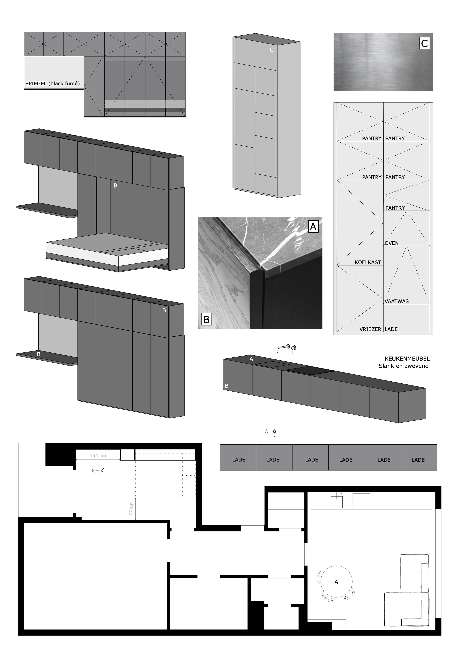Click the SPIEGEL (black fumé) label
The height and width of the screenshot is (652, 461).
[x=53, y=84]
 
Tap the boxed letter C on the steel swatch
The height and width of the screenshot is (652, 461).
[x=425, y=44]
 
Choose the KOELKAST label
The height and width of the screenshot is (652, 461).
[x=368, y=262]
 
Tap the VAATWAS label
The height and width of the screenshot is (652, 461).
[x=397, y=301]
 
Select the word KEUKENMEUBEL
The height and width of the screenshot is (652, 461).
[x=407, y=359]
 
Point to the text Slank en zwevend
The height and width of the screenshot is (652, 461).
[x=403, y=366]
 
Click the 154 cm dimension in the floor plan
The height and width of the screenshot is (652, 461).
[x=98, y=455]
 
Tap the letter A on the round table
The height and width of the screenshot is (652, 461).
[x=336, y=582]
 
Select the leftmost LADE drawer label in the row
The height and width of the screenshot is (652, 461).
[x=239, y=460]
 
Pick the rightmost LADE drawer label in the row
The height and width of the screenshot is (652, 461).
[x=418, y=460]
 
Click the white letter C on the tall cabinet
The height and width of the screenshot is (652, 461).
[x=272, y=50]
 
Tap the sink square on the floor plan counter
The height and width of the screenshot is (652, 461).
[x=337, y=502]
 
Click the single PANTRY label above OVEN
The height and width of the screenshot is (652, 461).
[x=395, y=208]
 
